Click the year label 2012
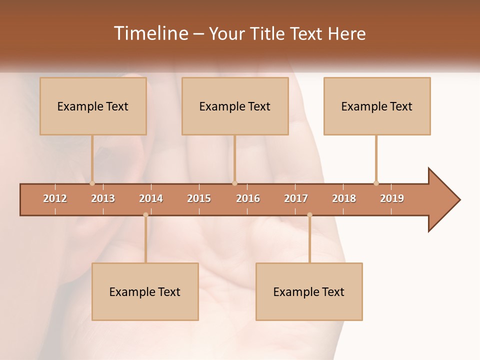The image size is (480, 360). coord(55,198)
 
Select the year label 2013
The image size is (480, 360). coord(103,198)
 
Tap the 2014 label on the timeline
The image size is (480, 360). coord(151,198)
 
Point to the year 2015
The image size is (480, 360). coord(199,198)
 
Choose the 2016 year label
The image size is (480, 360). coord(248,198)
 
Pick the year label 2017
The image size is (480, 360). coord(296,198)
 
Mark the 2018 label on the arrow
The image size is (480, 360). coord(344,198)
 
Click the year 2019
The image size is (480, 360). coord(392,198)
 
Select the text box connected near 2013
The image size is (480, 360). coord(93,106)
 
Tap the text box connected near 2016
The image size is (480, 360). coord(235,106)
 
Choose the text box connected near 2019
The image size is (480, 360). coord(377,106)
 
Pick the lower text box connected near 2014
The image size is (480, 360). coord(145,291)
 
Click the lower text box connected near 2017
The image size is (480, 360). coord(309,291)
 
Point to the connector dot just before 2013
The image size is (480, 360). coord(92,183)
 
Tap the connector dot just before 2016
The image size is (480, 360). coord(234,183)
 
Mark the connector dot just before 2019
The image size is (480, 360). coord(376,183)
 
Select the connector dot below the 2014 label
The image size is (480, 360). coord(145,215)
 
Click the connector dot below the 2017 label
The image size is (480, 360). coord(309,215)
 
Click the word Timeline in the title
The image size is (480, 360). coord(150,33)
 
